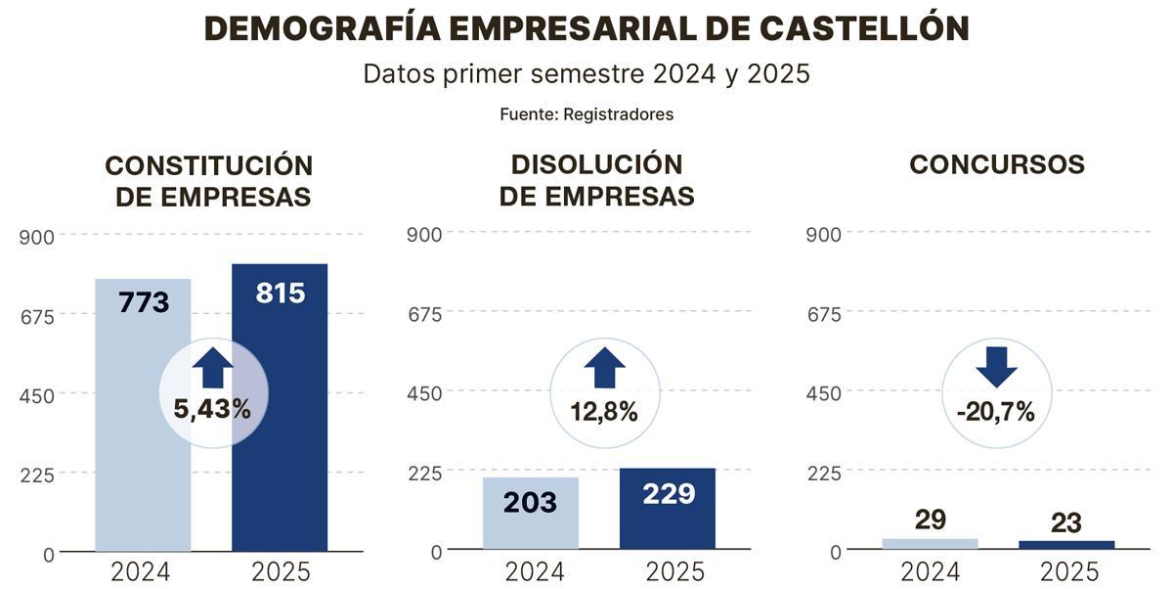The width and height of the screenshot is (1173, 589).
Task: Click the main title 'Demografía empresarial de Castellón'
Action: point(586,28)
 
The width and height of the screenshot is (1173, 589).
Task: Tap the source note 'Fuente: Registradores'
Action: point(586,114)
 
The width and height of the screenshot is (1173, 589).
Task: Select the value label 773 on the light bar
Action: point(144,302)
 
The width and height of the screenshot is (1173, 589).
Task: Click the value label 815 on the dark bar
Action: point(280,293)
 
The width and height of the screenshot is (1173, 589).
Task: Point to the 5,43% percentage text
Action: point(212,409)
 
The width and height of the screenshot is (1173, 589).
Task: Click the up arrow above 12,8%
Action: point(604,369)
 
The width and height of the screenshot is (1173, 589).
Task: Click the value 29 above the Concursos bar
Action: point(930,520)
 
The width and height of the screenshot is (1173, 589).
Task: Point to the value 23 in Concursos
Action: point(1065,522)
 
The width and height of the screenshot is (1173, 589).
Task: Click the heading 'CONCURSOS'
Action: point(996,164)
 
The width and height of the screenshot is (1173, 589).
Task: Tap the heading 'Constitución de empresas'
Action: point(209,181)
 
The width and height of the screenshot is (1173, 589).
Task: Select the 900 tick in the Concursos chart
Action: point(822,235)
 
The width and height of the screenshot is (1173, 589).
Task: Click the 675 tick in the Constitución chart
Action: point(36,315)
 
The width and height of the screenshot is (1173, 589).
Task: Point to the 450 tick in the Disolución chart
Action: point(424,393)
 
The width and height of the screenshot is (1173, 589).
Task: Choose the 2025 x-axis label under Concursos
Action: point(1069,571)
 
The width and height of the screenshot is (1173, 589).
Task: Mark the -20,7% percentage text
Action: point(995,412)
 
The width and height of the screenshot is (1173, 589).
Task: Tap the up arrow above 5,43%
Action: point(212,369)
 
